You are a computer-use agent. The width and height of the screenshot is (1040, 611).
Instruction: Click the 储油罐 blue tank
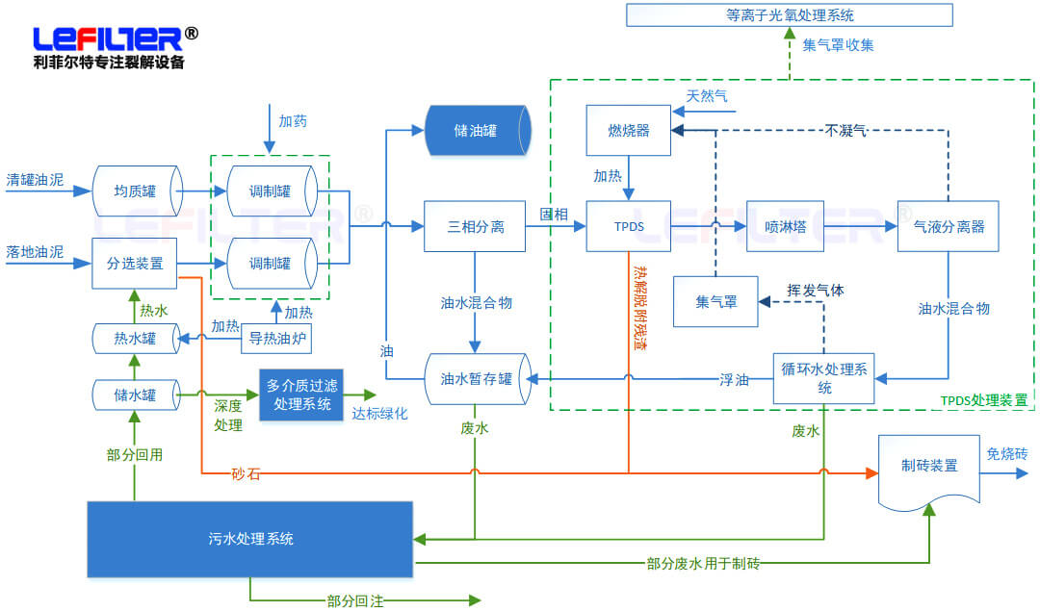click(478, 130)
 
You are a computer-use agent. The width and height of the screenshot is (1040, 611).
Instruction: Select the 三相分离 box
click(475, 227)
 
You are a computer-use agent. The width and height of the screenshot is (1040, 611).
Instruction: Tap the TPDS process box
click(628, 227)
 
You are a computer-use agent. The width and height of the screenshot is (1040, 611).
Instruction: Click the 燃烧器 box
click(628, 130)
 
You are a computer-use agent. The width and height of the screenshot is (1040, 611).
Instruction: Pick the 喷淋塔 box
click(785, 227)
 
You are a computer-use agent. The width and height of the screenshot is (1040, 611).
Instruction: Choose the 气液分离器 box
click(949, 227)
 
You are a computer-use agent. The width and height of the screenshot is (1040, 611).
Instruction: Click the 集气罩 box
click(715, 301)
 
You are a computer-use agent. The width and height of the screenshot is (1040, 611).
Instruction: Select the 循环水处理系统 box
click(824, 378)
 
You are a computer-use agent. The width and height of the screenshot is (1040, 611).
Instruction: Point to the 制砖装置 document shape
click(929, 467)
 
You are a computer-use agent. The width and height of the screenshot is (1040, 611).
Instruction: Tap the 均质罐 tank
click(136, 191)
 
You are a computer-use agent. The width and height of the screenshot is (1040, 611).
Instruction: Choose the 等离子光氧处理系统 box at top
click(789, 15)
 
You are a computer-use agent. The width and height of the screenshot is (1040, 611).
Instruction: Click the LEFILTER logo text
click(108, 39)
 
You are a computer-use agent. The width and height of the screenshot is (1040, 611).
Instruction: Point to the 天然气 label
click(707, 96)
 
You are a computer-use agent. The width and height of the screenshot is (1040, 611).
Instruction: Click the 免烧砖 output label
click(1005, 454)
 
